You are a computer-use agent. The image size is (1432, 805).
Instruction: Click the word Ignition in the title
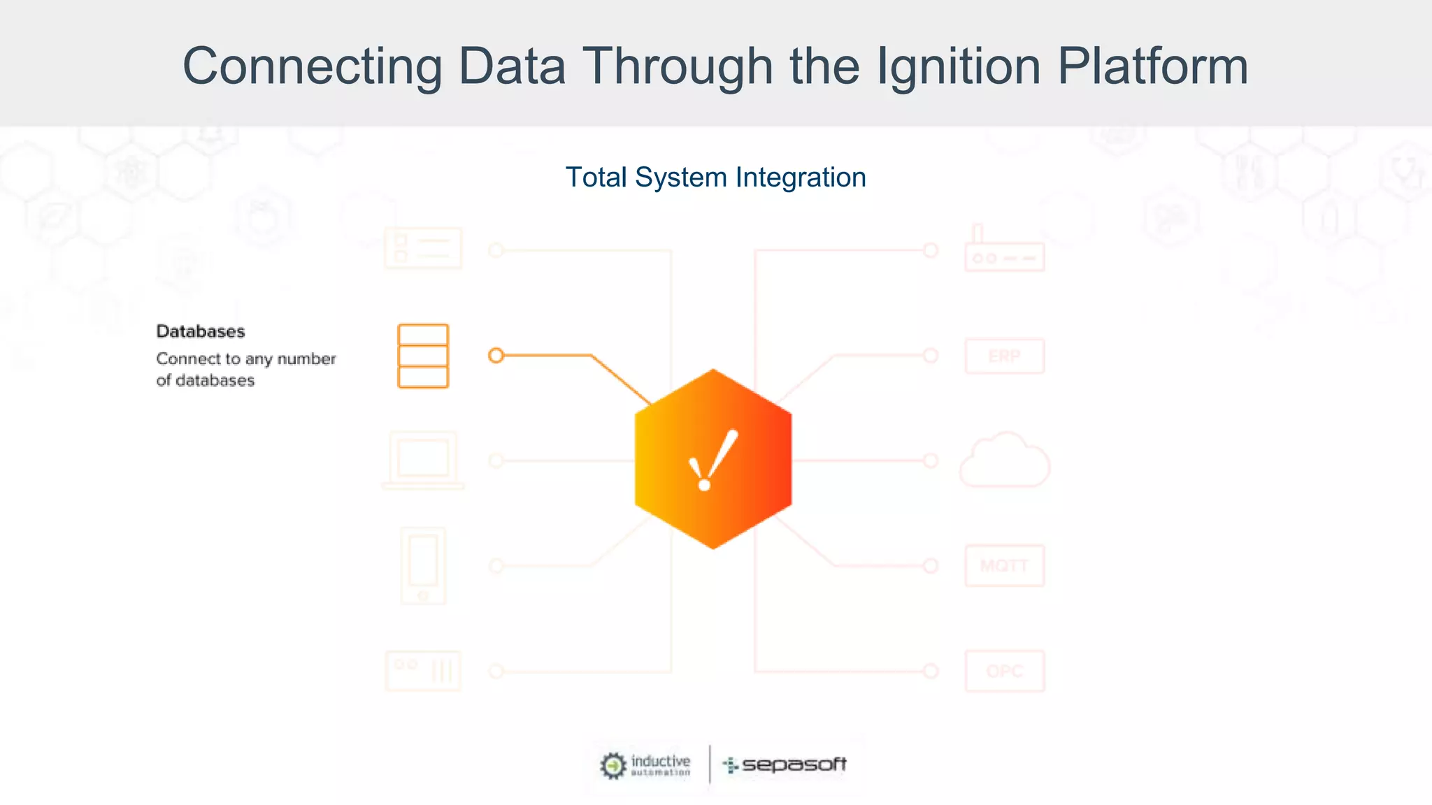point(958,66)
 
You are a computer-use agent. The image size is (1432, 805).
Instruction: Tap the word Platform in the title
point(1152,66)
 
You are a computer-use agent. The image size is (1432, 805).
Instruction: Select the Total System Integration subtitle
point(715,177)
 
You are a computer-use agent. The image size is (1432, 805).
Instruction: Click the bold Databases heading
point(201,331)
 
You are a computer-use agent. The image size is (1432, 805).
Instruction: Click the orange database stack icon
point(423,356)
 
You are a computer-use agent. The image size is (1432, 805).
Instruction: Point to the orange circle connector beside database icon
point(496,356)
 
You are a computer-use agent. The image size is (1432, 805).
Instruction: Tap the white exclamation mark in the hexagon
point(713,460)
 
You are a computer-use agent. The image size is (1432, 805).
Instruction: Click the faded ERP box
point(1005,356)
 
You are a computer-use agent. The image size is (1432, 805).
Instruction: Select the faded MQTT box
point(1005,565)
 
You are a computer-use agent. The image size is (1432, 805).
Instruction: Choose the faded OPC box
point(1005,671)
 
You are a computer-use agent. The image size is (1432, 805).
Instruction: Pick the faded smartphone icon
point(423,565)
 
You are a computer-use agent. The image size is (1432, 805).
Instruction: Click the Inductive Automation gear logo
point(613,765)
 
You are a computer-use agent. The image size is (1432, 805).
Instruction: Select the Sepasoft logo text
point(794,764)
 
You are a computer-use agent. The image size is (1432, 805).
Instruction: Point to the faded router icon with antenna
point(1004,249)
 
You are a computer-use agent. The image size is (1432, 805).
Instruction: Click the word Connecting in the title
point(312,66)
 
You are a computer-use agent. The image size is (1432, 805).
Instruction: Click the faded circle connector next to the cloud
point(931,460)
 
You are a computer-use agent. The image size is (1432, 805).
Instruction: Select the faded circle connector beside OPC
point(931,671)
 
